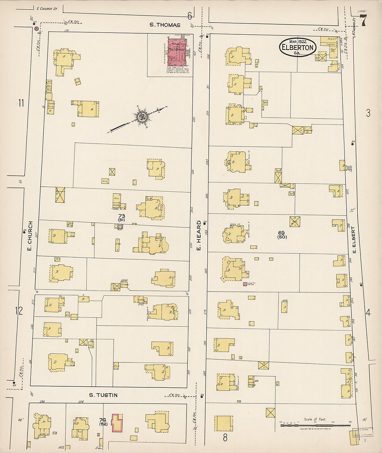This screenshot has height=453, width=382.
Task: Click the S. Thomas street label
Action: pyautogui.click(x=165, y=25)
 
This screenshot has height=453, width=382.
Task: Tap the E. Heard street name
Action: pyautogui.click(x=199, y=235)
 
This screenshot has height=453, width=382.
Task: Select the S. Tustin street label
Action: pyautogui.click(x=103, y=395)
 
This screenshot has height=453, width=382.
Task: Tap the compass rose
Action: pyautogui.click(x=142, y=116)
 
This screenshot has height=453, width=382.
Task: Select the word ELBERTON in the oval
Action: pyautogui.click(x=298, y=48)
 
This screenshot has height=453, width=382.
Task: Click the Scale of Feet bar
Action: pyautogui.click(x=315, y=424)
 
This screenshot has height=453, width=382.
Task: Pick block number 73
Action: pyautogui.click(x=122, y=216)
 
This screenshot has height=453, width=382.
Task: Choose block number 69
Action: pyautogui.click(x=281, y=233)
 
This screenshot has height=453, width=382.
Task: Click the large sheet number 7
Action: pyautogui.click(x=363, y=22)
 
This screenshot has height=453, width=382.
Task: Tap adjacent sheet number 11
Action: pyautogui.click(x=21, y=103)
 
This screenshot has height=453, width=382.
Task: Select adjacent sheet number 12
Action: pyautogui.click(x=19, y=311)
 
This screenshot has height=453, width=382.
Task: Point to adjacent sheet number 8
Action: pyautogui.click(x=225, y=438)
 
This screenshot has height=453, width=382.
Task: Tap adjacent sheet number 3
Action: pyautogui.click(x=368, y=113)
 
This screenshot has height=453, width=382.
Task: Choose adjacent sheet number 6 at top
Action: pyautogui.click(x=190, y=16)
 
